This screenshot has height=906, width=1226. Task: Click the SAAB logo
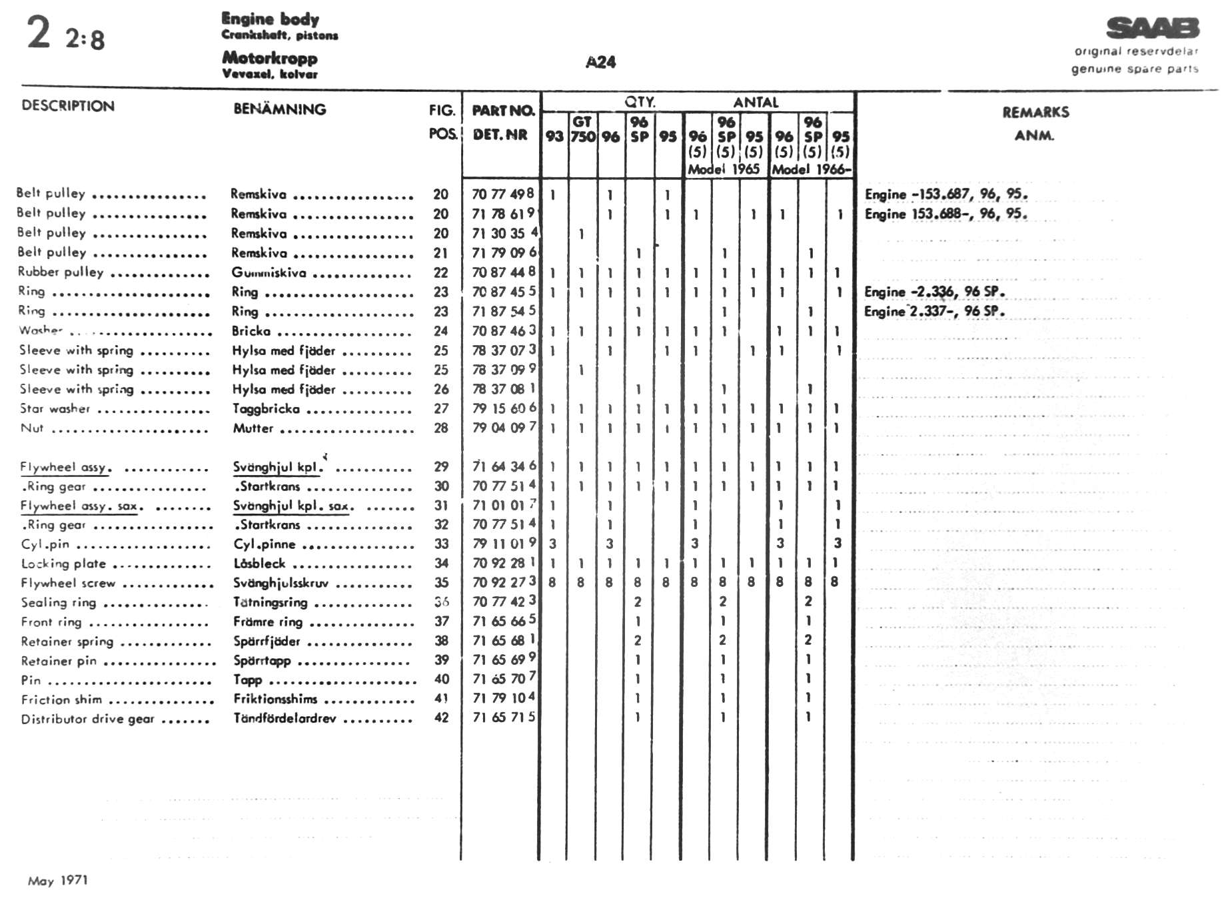[x=1152, y=28]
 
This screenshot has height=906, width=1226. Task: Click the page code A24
[x=600, y=62]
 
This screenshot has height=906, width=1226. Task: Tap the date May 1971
[x=58, y=881]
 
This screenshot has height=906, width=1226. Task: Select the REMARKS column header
[x=1035, y=113]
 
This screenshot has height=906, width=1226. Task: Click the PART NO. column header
[x=503, y=111]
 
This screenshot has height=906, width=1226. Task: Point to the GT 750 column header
[x=582, y=129]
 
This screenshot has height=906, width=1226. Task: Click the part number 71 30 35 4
[x=504, y=233]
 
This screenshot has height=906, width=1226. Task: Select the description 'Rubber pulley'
[x=61, y=272]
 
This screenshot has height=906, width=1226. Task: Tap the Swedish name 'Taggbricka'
[x=266, y=408]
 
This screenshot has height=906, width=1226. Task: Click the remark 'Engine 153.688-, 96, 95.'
[x=945, y=214]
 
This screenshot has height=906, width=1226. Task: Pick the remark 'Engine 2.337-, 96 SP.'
[x=934, y=311]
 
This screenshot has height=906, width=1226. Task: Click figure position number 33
[x=441, y=544]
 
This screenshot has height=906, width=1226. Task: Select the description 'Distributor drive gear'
[x=87, y=719]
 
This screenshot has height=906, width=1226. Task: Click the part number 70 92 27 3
[x=504, y=582]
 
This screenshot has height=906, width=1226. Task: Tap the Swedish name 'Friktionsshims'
[x=275, y=699]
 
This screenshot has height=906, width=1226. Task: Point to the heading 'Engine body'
[x=270, y=19]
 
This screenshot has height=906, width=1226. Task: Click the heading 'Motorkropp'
[x=269, y=57]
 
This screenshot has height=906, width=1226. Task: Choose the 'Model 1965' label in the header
[x=724, y=169]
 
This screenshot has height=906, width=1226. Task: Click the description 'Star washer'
[x=55, y=408]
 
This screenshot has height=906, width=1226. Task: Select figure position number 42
[x=441, y=717]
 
